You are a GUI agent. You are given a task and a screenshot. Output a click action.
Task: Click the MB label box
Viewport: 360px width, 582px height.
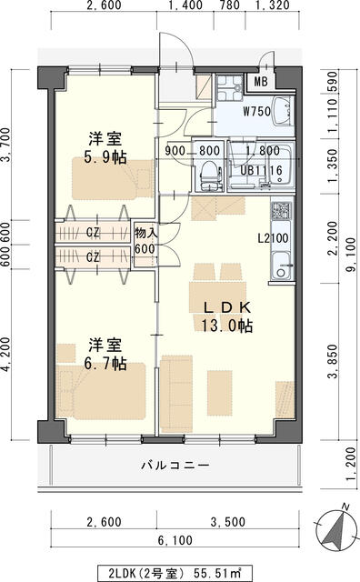[x=260, y=82]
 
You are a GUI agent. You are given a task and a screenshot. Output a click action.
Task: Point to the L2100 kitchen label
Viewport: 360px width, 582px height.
[x=273, y=238]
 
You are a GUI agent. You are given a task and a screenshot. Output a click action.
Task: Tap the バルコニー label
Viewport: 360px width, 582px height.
[x=175, y=466]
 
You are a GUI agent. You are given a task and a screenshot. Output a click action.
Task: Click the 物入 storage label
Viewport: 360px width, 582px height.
[x=145, y=238]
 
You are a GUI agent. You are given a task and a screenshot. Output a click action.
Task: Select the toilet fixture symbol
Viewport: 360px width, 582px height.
[x=209, y=172]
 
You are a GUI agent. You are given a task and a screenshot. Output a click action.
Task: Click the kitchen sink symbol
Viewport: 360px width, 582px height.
[x=280, y=271]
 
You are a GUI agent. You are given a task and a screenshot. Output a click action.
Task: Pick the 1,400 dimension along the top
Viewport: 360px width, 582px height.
[x=185, y=6]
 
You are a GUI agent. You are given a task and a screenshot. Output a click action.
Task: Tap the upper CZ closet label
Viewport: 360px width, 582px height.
[x=93, y=232]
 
